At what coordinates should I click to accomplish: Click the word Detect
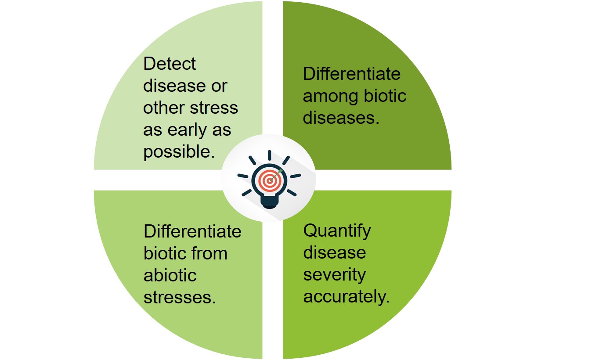click(170, 64)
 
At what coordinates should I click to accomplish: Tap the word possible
click(179, 152)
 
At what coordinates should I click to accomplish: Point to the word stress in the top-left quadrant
click(214, 108)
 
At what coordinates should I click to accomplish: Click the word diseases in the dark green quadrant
click(341, 118)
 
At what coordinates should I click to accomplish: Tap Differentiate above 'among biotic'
click(351, 74)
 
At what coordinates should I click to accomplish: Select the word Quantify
click(337, 231)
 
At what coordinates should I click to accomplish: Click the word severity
click(335, 275)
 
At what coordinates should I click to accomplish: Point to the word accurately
click(346, 297)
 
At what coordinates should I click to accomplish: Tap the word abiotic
click(170, 275)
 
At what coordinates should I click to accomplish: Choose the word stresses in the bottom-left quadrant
click(180, 298)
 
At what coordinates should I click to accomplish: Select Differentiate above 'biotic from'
click(192, 231)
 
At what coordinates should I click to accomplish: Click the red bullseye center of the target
click(269, 181)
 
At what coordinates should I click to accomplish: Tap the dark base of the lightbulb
click(269, 202)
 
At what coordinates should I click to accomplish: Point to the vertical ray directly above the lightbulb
click(269, 155)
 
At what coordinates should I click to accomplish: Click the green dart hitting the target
click(276, 175)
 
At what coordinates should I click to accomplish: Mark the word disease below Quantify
click(335, 253)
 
